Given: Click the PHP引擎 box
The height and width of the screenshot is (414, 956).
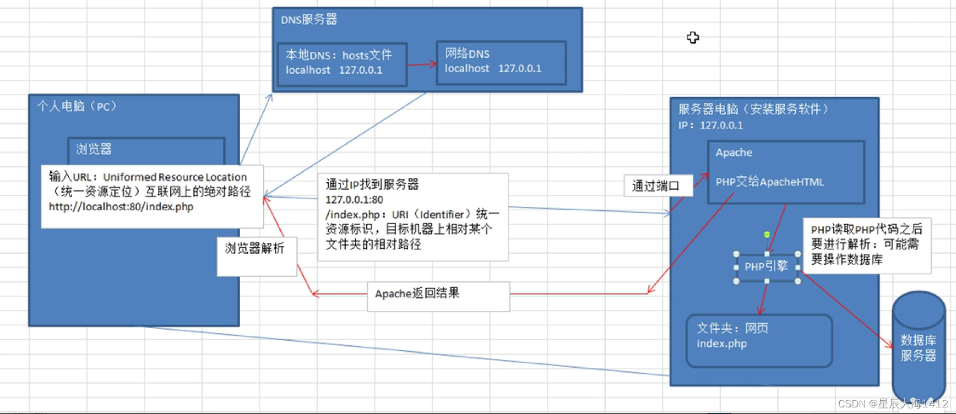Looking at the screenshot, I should [767, 267].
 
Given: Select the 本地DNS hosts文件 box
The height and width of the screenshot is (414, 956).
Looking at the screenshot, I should [342, 63].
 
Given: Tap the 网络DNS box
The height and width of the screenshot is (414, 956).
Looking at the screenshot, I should [501, 62].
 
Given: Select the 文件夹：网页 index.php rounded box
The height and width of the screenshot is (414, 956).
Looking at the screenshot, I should [759, 340].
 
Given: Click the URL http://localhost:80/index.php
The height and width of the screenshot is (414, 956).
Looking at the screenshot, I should [121, 207].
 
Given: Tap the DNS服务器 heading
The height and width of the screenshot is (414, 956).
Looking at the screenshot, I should [309, 20].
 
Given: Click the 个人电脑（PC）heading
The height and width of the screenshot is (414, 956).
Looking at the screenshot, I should [77, 106].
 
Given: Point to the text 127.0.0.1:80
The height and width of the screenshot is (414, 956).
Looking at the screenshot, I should [354, 199].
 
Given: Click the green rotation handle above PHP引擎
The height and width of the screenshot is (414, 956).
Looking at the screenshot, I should [767, 235].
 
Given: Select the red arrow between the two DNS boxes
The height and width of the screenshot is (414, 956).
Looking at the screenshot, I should [422, 64].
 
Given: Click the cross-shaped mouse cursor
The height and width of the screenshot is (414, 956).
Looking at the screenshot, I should [693, 37].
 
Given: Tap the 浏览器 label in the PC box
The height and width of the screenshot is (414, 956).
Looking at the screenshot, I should [94, 149].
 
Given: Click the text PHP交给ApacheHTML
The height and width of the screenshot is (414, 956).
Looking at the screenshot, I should [769, 182].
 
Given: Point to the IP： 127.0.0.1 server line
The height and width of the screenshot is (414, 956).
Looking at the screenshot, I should [710, 126].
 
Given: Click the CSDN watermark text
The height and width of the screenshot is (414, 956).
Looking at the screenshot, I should [892, 404].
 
